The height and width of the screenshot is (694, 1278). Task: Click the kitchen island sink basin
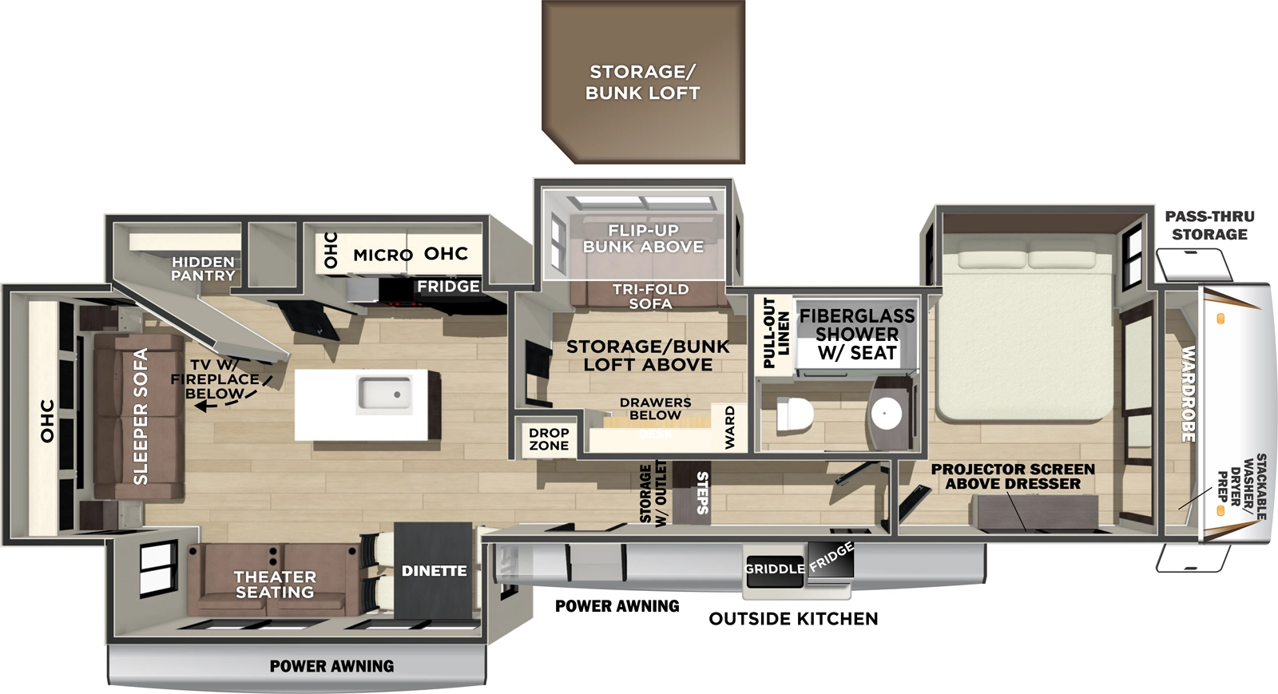coord(384,393)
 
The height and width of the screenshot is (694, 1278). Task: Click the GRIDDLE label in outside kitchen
coord(774,569)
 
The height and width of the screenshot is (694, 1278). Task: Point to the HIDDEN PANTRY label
coord(203,268)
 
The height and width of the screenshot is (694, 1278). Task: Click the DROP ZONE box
coord(549,439)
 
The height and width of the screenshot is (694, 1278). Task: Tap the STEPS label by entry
coord(702,493)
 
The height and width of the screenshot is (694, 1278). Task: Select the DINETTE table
coord(434,570)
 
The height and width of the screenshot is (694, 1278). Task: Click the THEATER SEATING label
coord(275,584)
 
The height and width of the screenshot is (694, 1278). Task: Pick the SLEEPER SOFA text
coord(141,416)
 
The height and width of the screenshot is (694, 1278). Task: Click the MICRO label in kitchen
coord(383,255)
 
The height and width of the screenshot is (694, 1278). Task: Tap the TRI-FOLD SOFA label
coord(650,296)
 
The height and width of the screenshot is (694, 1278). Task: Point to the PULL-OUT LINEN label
coord(776,333)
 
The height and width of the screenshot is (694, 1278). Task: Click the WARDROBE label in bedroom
coord(1189,394)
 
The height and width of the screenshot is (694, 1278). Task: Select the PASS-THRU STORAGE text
coord(1209,225)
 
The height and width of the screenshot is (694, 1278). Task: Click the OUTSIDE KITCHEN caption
coord(793,619)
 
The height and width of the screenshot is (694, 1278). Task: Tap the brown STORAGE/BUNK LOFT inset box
coord(643,82)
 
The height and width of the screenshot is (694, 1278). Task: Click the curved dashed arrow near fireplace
coord(232,397)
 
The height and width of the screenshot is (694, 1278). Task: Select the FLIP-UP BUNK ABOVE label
coord(643,239)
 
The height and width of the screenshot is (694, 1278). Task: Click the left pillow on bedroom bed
coord(990,260)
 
